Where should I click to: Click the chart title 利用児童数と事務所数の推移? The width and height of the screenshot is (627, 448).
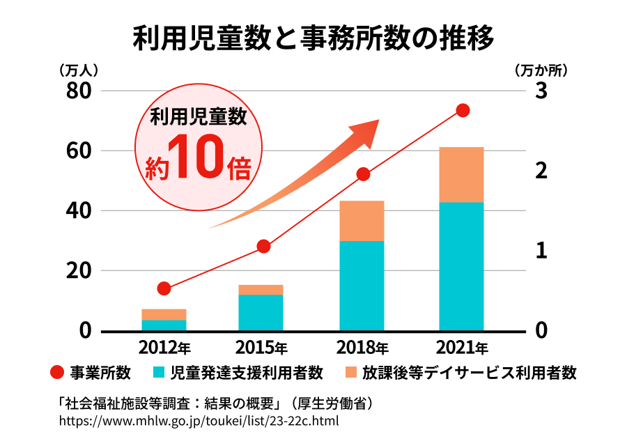(313, 39)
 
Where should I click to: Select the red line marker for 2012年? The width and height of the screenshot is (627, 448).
(164, 288)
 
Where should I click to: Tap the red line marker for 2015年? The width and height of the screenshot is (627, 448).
(263, 246)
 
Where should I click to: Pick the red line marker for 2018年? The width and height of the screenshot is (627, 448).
(362, 174)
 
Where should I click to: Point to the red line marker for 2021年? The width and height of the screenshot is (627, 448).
(463, 111)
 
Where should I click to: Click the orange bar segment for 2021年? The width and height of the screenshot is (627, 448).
(461, 174)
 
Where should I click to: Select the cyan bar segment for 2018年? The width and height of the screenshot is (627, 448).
(362, 285)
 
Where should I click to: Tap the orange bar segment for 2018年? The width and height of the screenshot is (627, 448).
(362, 220)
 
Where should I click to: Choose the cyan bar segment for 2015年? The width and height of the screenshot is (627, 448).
(261, 312)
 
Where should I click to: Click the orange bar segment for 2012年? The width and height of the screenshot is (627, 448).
(164, 314)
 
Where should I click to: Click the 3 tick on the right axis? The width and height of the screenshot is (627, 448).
(541, 91)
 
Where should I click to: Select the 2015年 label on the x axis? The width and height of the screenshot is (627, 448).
(261, 347)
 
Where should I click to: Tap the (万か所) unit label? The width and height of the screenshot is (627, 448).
(541, 70)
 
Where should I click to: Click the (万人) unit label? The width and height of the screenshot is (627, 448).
(78, 70)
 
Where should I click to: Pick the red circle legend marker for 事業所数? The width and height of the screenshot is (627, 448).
(58, 373)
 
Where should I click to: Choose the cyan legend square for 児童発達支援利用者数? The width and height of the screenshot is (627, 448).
(159, 373)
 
